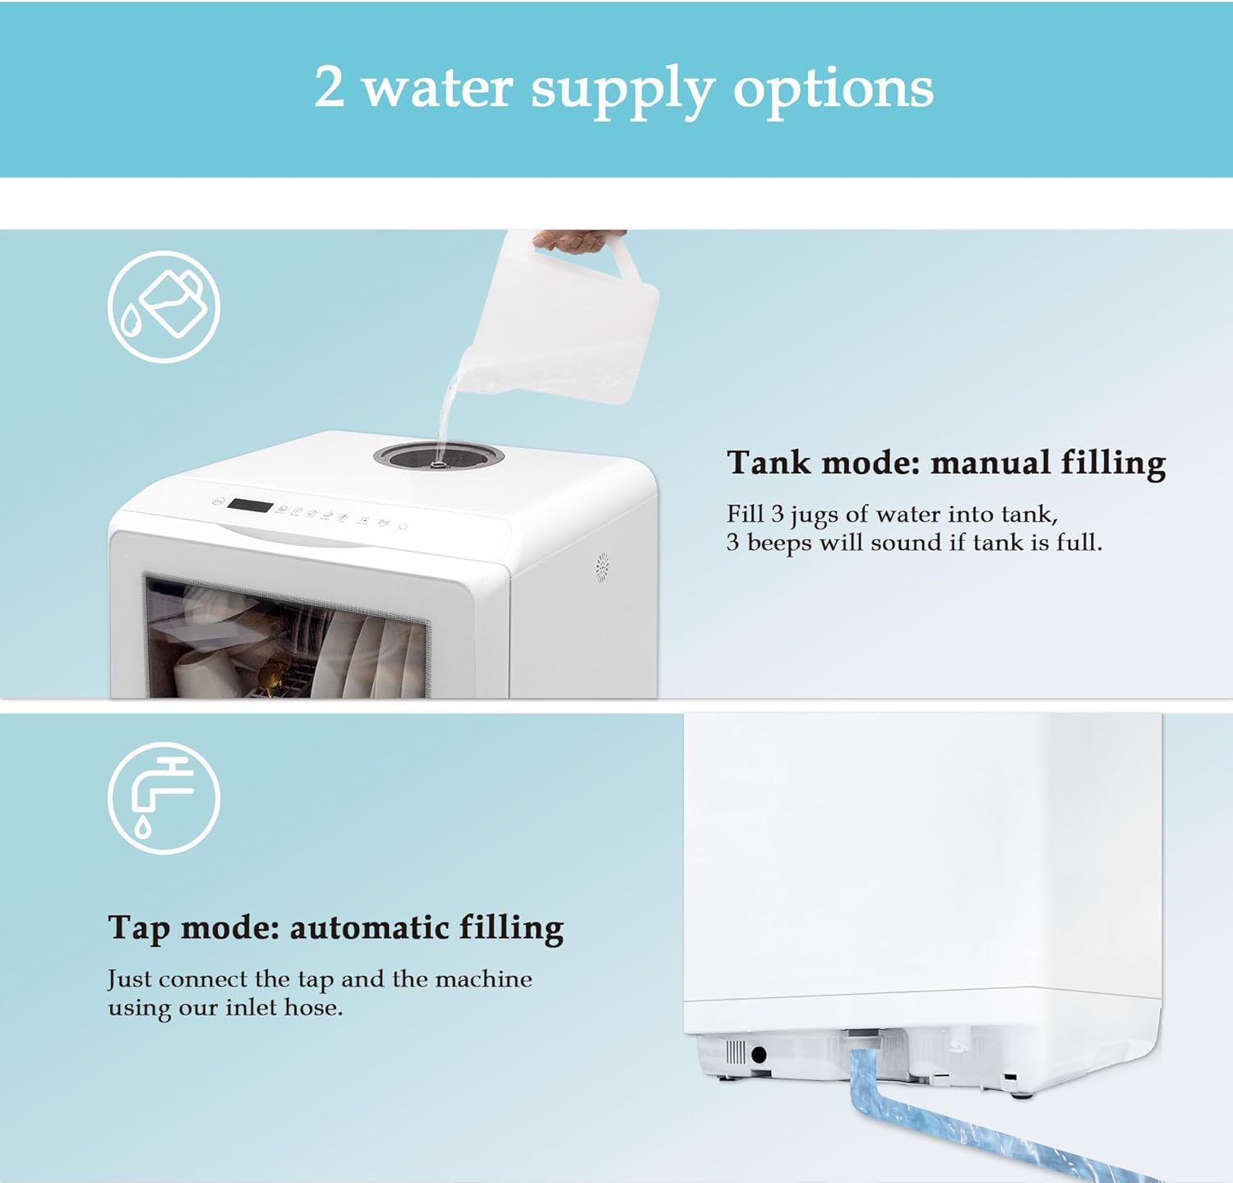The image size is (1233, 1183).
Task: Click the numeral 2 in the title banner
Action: coord(329,87)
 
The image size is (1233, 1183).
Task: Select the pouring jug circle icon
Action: coord(164,307)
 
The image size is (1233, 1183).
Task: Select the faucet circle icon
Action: coord(164,798)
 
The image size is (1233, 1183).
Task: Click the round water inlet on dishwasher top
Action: coord(438,455)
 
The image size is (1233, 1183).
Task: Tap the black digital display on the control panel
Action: coord(250,506)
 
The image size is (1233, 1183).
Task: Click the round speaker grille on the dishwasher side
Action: coord(602,567)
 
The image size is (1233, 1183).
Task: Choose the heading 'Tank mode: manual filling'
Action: coord(945,463)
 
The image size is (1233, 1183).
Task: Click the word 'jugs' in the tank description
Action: coord(815,515)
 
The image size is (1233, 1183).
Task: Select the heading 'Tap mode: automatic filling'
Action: coord(335,927)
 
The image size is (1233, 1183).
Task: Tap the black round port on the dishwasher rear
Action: coord(759,1054)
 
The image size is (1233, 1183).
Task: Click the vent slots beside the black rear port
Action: coord(736,1052)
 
